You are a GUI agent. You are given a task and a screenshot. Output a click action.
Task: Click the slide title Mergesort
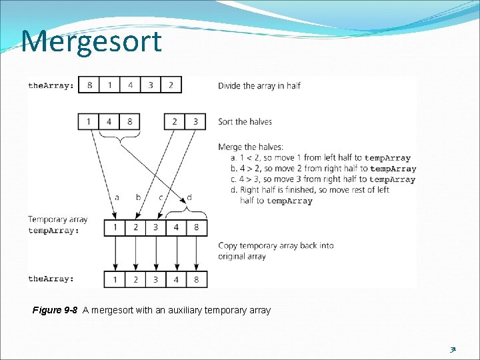(x=91, y=41)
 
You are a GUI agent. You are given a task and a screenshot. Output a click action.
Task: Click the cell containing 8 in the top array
(x=89, y=85)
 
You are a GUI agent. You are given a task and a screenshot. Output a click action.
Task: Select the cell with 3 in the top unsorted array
(x=151, y=85)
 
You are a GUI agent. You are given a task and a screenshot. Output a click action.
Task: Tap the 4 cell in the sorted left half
(x=109, y=121)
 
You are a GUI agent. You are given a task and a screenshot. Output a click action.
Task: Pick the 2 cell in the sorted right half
(x=175, y=121)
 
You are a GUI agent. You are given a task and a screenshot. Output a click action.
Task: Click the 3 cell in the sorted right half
(x=195, y=121)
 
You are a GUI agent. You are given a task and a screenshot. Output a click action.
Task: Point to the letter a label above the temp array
(x=117, y=197)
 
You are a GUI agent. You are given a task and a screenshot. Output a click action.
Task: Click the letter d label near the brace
(x=189, y=197)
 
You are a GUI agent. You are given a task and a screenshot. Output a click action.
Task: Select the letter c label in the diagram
(x=161, y=197)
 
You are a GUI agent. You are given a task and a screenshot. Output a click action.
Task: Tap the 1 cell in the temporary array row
(x=115, y=228)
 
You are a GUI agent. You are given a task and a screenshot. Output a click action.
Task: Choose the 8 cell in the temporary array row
(x=196, y=228)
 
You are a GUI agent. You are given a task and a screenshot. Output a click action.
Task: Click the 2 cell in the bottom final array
(x=135, y=279)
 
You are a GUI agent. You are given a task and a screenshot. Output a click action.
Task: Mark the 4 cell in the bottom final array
(x=176, y=279)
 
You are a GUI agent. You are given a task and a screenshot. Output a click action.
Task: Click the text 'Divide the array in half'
(x=259, y=85)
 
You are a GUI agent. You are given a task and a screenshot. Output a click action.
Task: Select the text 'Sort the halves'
(x=245, y=121)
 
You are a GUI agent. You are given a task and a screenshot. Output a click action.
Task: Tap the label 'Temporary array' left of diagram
(x=57, y=219)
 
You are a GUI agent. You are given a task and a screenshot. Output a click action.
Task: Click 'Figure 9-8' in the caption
(x=55, y=310)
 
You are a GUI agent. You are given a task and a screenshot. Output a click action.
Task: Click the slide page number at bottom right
(x=453, y=349)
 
